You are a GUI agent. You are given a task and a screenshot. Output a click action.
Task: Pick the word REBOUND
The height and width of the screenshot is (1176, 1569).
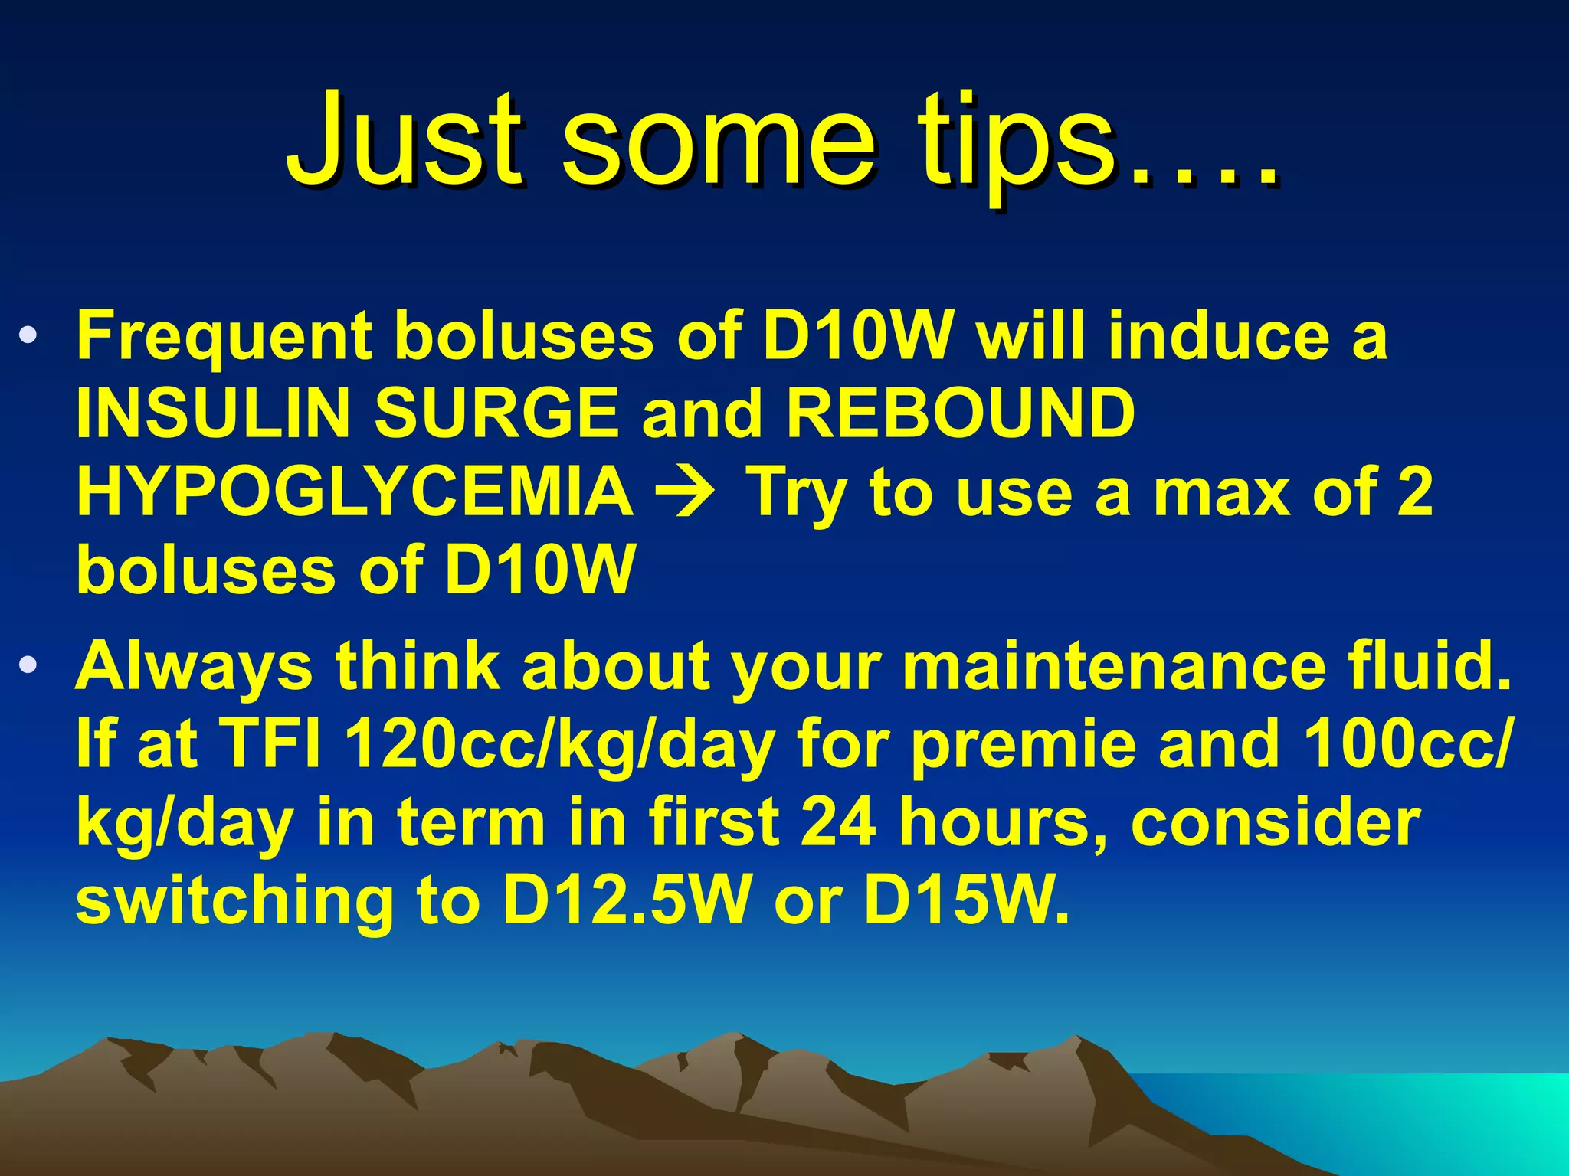coord(961,413)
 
